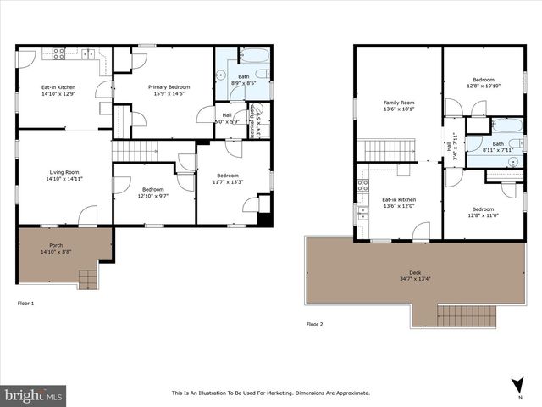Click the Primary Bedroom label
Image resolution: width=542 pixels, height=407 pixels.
(x=169, y=86)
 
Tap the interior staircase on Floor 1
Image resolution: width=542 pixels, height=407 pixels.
(x=135, y=151)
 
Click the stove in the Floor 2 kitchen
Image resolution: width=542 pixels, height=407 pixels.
(x=362, y=185)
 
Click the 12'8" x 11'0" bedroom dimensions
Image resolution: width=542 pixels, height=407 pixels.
(x=483, y=215)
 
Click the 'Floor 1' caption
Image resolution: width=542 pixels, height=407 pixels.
(x=27, y=302)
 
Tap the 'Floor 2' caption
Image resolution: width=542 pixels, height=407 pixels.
(x=315, y=324)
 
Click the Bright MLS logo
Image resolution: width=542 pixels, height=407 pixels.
(x=34, y=395)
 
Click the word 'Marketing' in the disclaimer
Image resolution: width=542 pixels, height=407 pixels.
(x=283, y=393)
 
